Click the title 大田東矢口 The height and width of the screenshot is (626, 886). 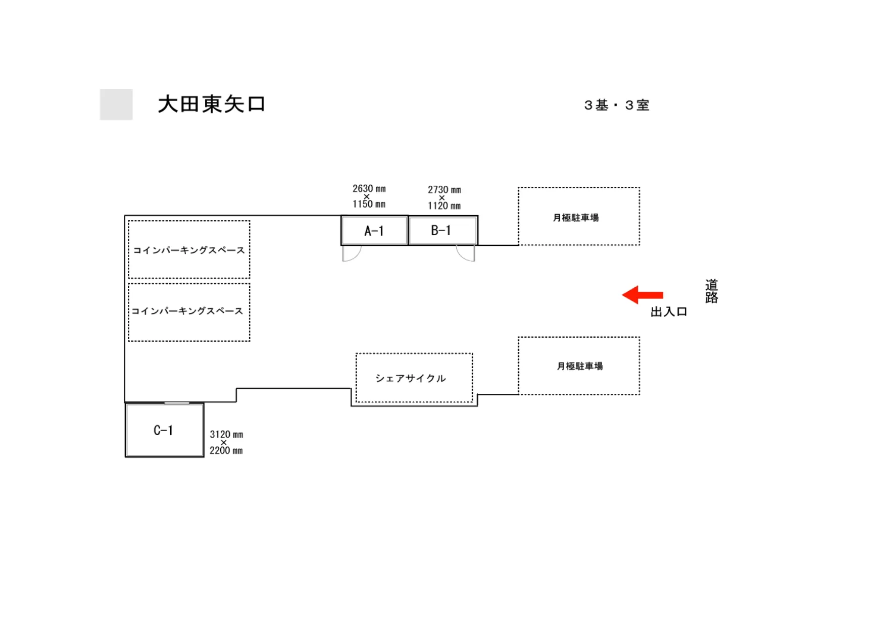pyautogui.click(x=211, y=104)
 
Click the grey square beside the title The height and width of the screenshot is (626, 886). pyautogui.click(x=116, y=105)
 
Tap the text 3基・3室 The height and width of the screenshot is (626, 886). pyautogui.click(x=616, y=105)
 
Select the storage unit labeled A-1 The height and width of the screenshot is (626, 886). pyautogui.click(x=374, y=231)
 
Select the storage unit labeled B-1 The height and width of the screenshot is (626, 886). pyautogui.click(x=441, y=230)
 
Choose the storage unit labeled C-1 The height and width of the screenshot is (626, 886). pyautogui.click(x=164, y=430)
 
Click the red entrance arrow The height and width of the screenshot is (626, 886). pyautogui.click(x=642, y=295)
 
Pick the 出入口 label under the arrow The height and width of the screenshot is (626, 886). pyautogui.click(x=668, y=312)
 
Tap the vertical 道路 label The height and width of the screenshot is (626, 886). pyautogui.click(x=711, y=291)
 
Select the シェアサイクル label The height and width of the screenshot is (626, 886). pyautogui.click(x=410, y=378)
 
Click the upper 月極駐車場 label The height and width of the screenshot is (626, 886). pyautogui.click(x=575, y=218)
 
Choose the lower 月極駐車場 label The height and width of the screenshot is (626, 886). pyautogui.click(x=579, y=366)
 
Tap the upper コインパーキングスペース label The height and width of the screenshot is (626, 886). pyautogui.click(x=189, y=250)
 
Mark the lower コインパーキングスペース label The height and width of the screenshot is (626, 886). pyautogui.click(x=187, y=311)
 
